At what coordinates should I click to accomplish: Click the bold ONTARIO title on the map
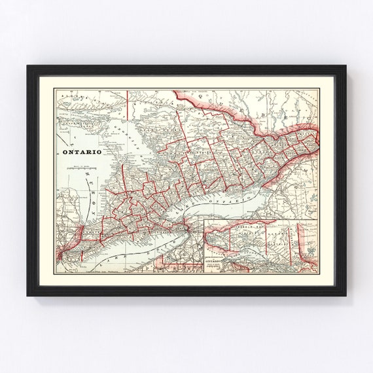81,151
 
